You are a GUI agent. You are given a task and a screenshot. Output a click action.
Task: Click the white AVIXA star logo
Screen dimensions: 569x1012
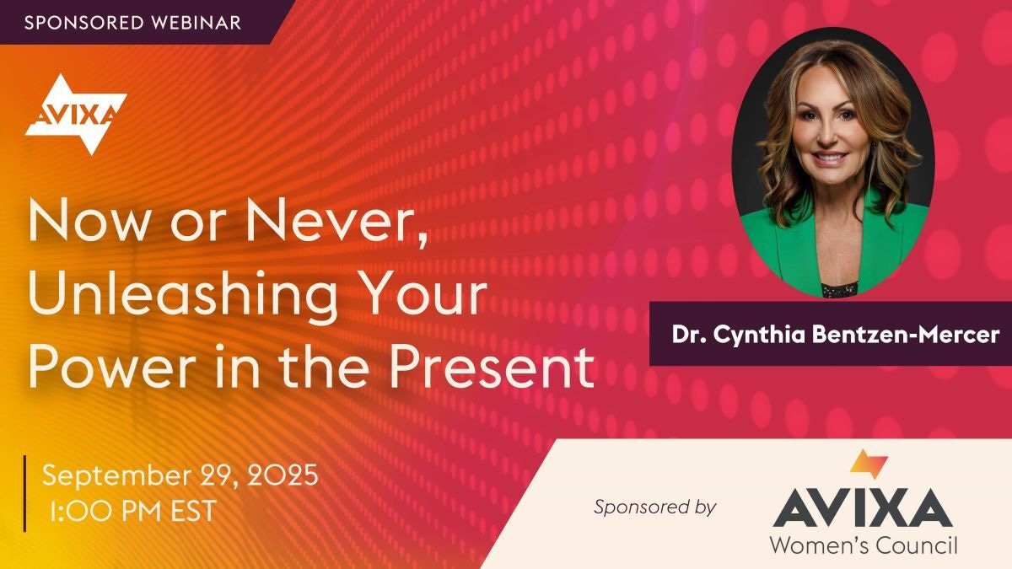click(x=76, y=114)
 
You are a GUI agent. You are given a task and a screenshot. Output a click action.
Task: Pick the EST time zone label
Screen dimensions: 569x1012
click(x=191, y=510)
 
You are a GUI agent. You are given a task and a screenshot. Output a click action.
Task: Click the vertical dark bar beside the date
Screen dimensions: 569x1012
click(x=24, y=493)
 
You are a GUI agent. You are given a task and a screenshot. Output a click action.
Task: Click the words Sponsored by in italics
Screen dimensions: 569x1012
click(x=654, y=507)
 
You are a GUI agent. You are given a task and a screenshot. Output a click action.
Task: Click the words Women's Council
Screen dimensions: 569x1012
click(x=863, y=545)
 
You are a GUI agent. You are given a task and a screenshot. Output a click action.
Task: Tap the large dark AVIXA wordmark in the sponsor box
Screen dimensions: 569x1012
click(x=863, y=507)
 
